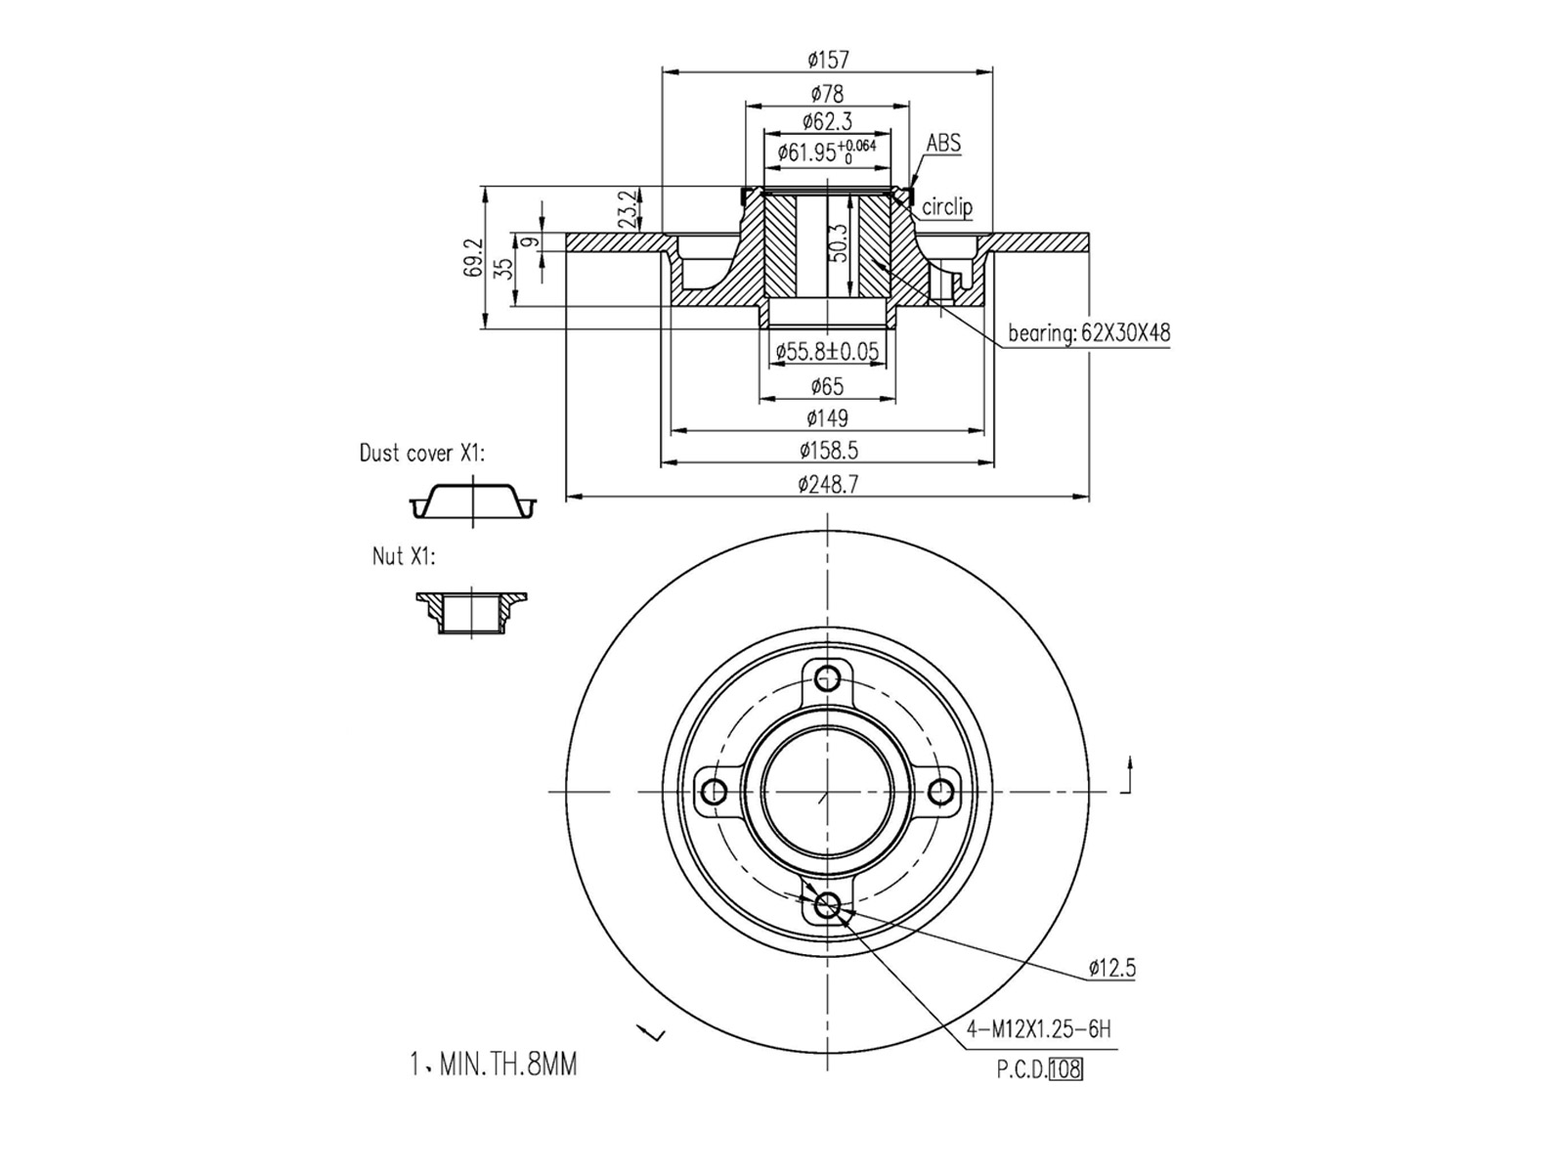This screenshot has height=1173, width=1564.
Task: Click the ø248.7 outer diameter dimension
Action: click(827, 484)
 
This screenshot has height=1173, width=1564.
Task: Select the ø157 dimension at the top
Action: click(827, 60)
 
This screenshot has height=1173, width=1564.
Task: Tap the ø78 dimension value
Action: click(827, 94)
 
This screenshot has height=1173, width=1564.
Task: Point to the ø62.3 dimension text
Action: click(827, 121)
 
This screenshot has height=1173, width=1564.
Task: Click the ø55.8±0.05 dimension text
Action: click(827, 352)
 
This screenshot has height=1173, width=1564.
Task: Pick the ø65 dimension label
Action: click(827, 386)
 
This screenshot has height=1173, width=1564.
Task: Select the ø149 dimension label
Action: click(827, 418)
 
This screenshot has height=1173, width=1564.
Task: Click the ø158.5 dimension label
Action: click(827, 451)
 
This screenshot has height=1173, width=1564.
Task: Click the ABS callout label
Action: click(943, 144)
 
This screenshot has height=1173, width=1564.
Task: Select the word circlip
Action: click(947, 207)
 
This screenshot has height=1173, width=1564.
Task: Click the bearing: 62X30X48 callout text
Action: click(1089, 333)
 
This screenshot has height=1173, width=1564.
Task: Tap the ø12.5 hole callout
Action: click(1111, 969)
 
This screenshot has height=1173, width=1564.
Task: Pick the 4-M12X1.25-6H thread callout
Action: click(1038, 1029)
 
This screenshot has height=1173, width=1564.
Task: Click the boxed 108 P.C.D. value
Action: click(1064, 1069)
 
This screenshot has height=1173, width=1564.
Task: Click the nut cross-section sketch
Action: click(471, 612)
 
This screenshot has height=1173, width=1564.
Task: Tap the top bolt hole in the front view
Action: click(828, 676)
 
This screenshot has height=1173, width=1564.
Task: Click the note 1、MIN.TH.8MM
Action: click(494, 1064)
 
